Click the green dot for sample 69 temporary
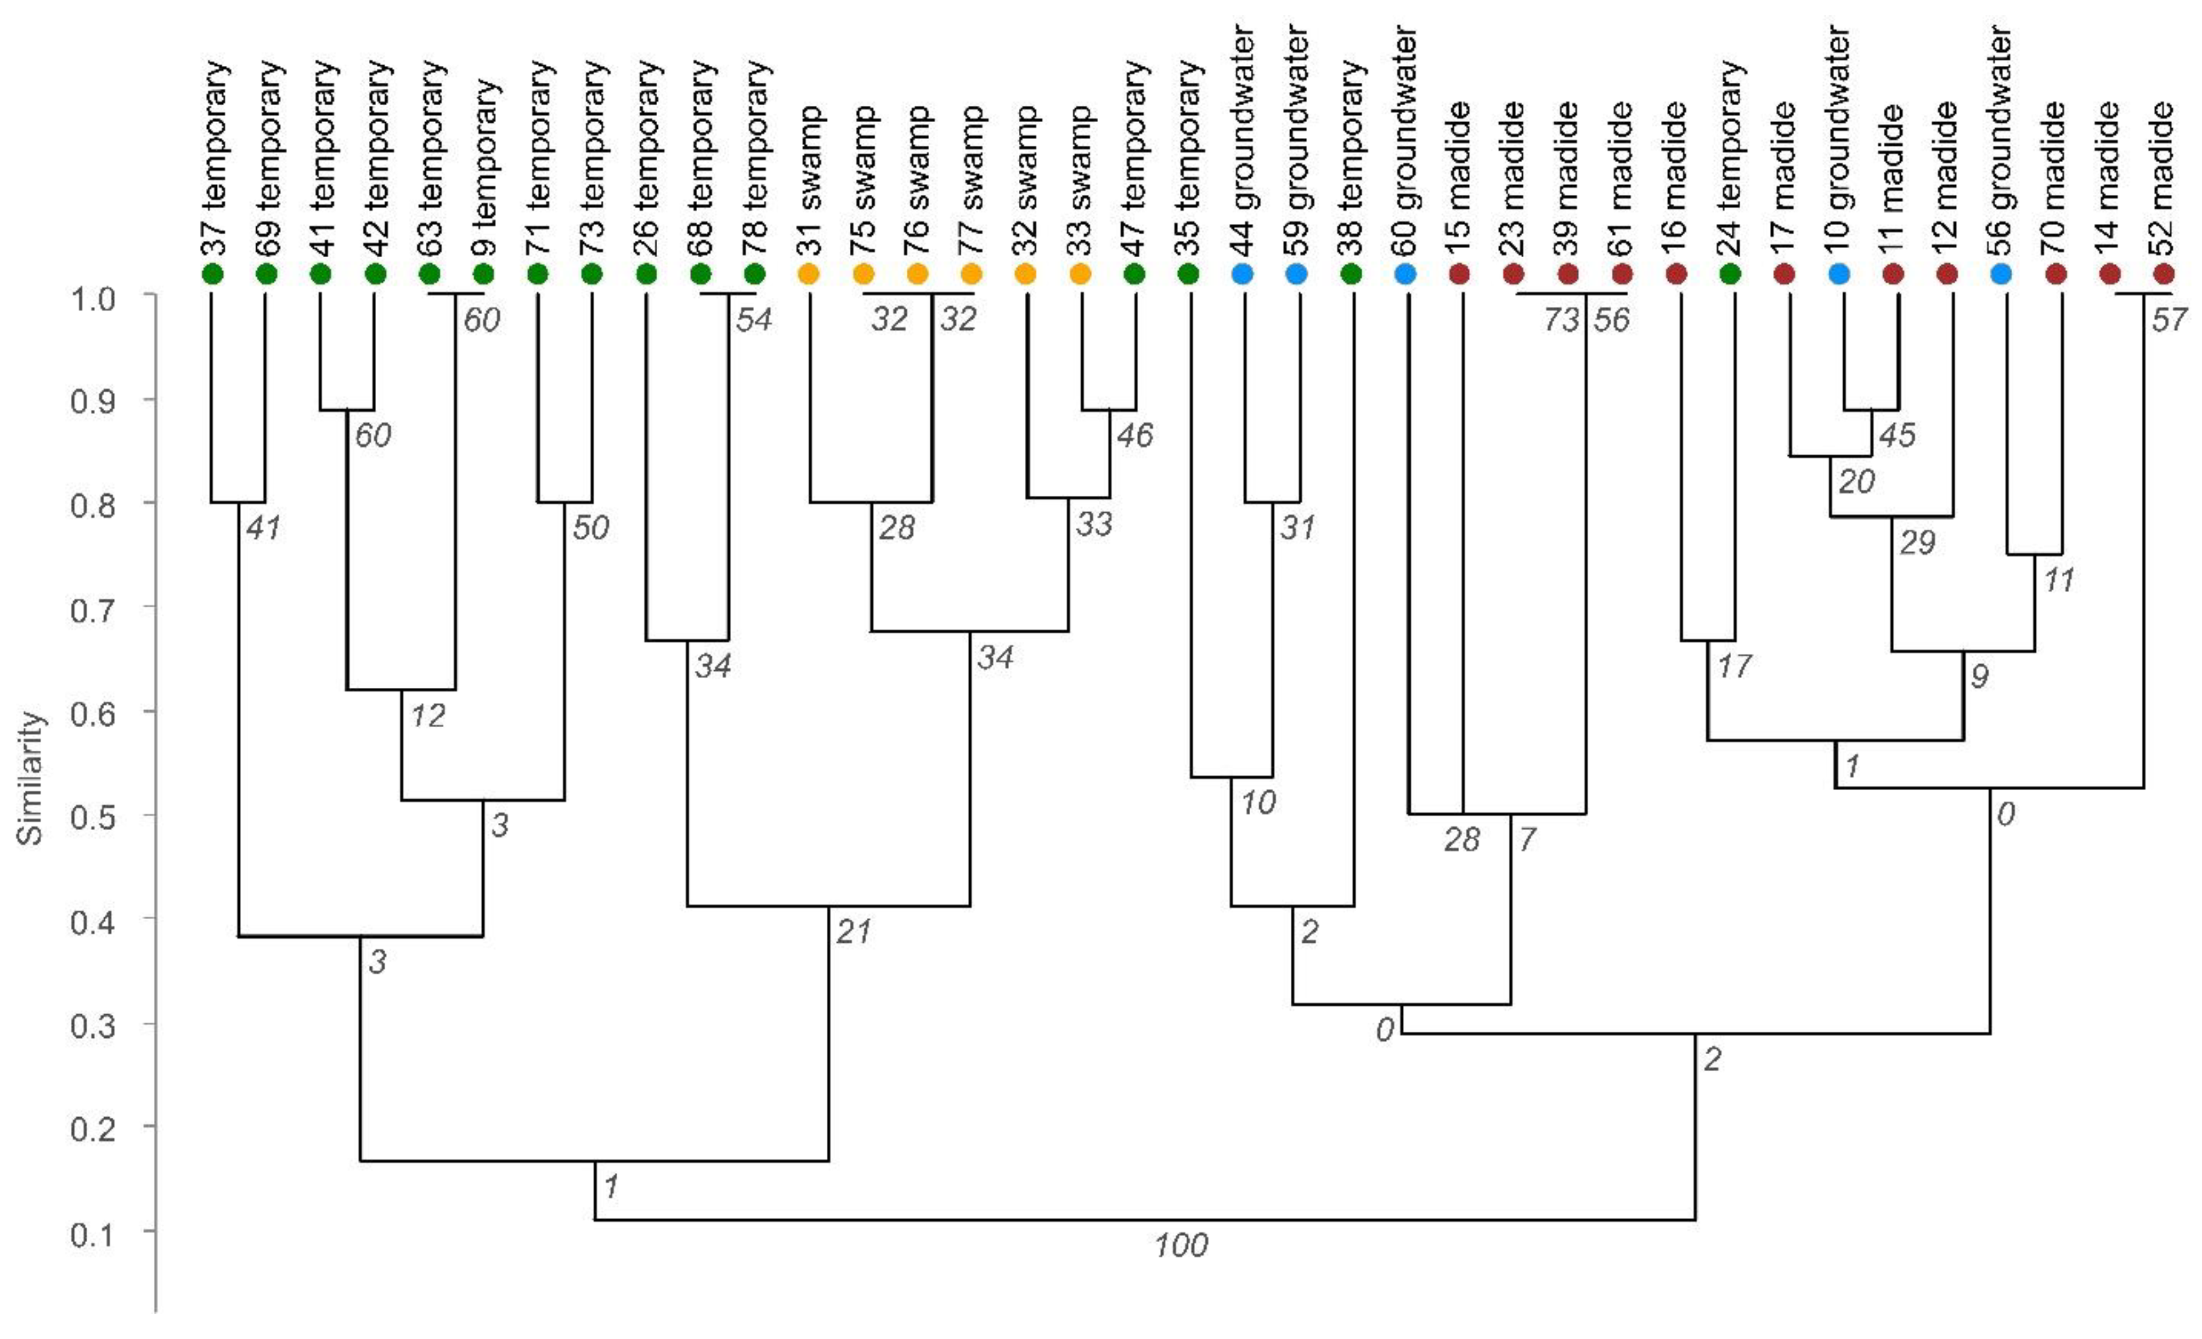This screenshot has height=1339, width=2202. [266, 274]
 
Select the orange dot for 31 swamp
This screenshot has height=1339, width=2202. [809, 274]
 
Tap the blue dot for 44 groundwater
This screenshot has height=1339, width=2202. [1242, 274]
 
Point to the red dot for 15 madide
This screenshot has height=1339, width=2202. [1459, 274]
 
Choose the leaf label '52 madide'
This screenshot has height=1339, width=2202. [2163, 178]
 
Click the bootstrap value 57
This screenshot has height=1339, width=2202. [2169, 319]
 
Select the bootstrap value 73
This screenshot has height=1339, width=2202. [1561, 319]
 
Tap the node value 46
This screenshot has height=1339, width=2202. [1135, 435]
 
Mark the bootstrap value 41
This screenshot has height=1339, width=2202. [263, 527]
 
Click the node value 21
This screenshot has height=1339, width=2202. [853, 932]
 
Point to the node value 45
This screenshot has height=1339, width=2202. [1896, 435]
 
